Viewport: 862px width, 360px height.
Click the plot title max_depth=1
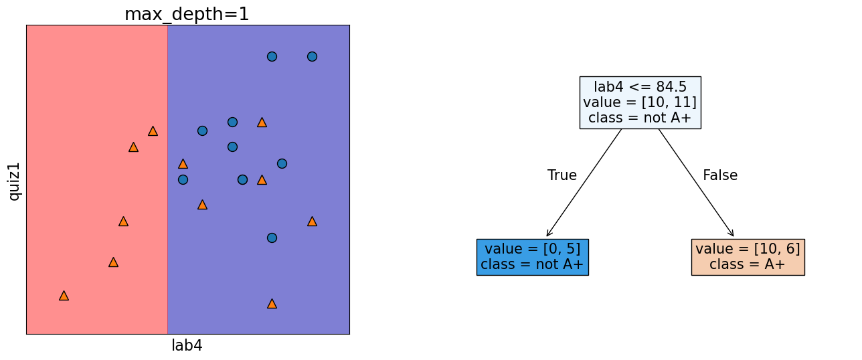(x=187, y=14)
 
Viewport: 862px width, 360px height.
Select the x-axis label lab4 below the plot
(x=187, y=345)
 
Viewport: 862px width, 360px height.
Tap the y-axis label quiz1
(x=14, y=181)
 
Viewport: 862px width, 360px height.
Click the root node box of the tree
(x=640, y=102)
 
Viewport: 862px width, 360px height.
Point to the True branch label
(x=562, y=175)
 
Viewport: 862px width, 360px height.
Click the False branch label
(x=719, y=175)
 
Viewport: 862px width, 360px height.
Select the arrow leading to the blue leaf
(x=584, y=183)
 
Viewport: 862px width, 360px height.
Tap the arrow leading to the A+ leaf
(x=696, y=183)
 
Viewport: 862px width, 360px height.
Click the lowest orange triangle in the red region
(x=64, y=295)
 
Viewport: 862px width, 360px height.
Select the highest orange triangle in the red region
(x=153, y=131)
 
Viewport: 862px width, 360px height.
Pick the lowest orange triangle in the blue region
(x=272, y=303)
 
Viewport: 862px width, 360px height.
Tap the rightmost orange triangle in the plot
(x=312, y=221)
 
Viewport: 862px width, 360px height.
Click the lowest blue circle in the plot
(x=272, y=238)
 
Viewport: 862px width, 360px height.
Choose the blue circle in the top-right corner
(x=312, y=56)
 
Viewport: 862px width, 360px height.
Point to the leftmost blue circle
(x=183, y=179)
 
